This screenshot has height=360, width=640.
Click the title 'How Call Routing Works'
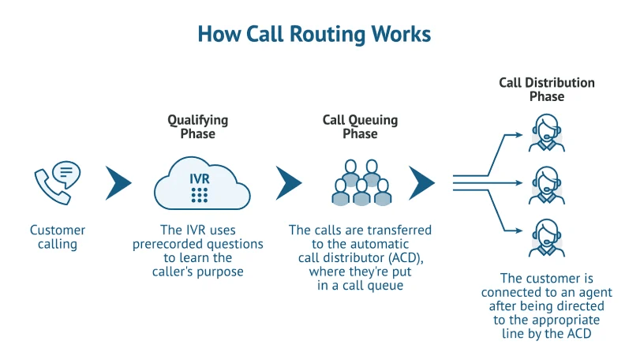314,34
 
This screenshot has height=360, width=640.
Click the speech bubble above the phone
66,172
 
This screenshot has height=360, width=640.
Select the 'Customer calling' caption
58,238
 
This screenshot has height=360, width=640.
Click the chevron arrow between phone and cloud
118,183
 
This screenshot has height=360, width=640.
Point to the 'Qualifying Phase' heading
197,127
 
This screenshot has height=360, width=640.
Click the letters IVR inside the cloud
200,178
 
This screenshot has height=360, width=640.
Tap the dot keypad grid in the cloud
200,194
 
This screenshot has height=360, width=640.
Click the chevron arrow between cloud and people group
289,183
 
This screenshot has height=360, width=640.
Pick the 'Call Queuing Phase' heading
360,127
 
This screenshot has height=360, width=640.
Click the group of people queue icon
361,183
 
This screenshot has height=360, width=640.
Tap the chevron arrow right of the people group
422,183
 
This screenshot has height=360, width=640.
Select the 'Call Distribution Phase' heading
547,89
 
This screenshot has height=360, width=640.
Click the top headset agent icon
547,133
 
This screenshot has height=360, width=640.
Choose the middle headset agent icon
547,185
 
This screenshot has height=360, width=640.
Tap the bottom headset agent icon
547,237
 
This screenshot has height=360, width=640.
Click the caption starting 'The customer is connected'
547,306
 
